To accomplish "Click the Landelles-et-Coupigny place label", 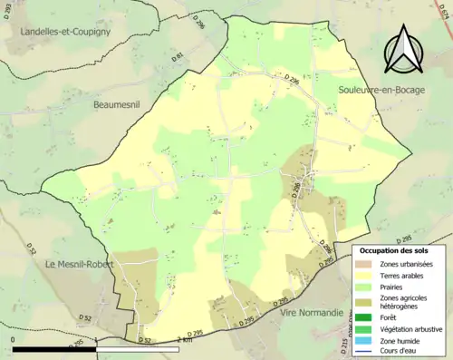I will pos(62,32).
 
